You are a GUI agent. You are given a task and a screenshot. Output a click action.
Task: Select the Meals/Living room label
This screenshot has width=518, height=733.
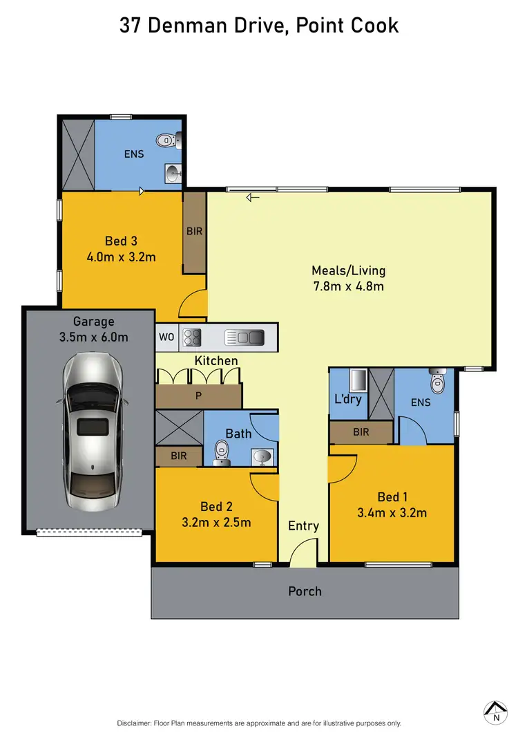tap(348, 270)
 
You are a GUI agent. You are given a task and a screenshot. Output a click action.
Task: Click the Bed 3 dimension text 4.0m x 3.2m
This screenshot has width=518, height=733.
tap(120, 257)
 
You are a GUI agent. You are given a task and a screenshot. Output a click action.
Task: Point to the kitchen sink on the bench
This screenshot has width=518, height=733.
tap(245, 337)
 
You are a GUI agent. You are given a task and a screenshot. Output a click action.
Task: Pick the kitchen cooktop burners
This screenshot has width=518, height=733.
tap(191, 337)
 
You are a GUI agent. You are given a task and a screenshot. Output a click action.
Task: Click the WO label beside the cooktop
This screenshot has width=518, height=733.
tap(166, 337)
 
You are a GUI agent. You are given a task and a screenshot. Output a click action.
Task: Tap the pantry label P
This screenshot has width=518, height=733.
tap(199, 395)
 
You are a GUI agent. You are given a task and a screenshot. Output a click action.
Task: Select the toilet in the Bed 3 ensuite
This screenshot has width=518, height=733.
tap(166, 140)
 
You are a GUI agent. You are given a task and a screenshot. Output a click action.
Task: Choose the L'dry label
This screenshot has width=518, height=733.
tap(347, 399)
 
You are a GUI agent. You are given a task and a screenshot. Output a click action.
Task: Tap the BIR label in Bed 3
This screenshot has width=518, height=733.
tap(195, 231)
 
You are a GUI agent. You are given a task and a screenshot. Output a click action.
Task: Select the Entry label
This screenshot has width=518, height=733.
tap(303, 526)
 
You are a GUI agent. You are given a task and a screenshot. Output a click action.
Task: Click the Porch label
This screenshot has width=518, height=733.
tap(305, 591)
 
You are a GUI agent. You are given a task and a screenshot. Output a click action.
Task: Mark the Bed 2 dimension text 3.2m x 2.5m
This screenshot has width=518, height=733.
tap(215, 522)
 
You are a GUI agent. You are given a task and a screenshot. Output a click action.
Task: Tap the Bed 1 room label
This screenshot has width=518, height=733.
tap(392, 497)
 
